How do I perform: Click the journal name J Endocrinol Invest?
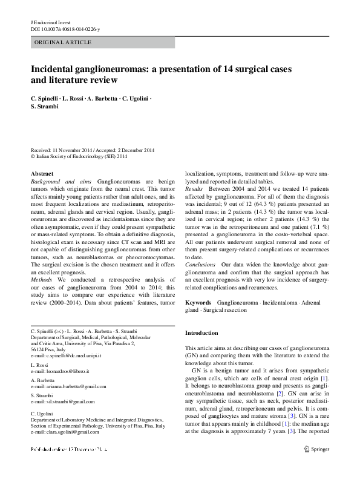coord(51,22)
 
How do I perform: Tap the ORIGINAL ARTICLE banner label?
coord(64,42)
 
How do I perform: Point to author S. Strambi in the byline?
coord(45,107)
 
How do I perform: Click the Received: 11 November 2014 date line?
coord(93,150)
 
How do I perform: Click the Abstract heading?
coord(42,173)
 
